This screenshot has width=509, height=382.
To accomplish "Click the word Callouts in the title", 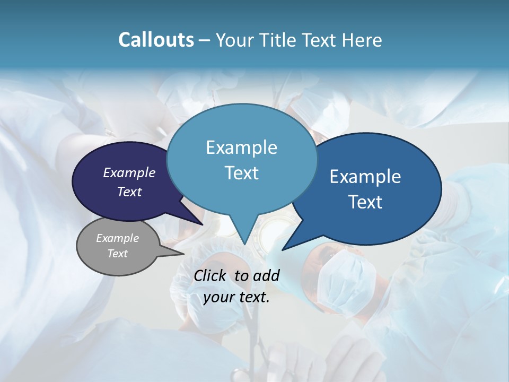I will coord(156,40).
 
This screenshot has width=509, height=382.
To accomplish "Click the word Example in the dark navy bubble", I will coord(129,172).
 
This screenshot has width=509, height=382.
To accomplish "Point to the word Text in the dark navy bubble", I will coord(129,192).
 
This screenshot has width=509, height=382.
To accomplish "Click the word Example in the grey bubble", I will coord(118,238).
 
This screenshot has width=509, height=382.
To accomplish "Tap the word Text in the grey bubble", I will coord(118,254).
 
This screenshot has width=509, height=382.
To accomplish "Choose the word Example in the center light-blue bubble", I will coord(241,147).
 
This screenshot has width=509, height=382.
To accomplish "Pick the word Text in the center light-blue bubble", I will coord(241,173).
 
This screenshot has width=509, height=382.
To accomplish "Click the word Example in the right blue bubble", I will coord(365,177).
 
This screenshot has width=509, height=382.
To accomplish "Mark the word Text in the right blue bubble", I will coord(365,202).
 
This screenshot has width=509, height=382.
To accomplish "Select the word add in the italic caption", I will coord(267,275).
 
